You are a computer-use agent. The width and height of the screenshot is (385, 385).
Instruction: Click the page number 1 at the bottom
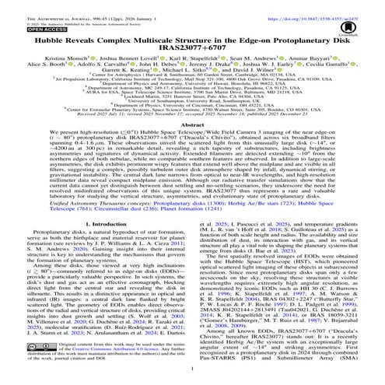pos(192,380)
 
